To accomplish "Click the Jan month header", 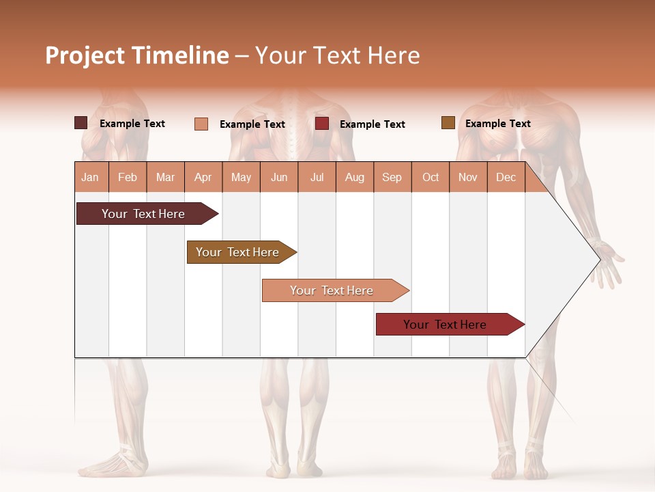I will click(91, 177).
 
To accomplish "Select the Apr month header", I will click(203, 177).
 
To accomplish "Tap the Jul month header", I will click(317, 177).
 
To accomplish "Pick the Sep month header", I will click(392, 177).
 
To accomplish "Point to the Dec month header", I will click(506, 177).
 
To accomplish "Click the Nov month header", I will click(468, 177).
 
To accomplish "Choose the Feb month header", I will click(128, 177).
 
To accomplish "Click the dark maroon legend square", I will click(81, 123).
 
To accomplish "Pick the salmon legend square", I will click(201, 124).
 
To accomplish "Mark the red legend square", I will click(322, 124).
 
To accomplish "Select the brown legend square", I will click(448, 123).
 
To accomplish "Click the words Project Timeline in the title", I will click(137, 55).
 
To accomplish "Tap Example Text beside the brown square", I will click(497, 124).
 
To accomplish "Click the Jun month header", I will click(279, 177).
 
